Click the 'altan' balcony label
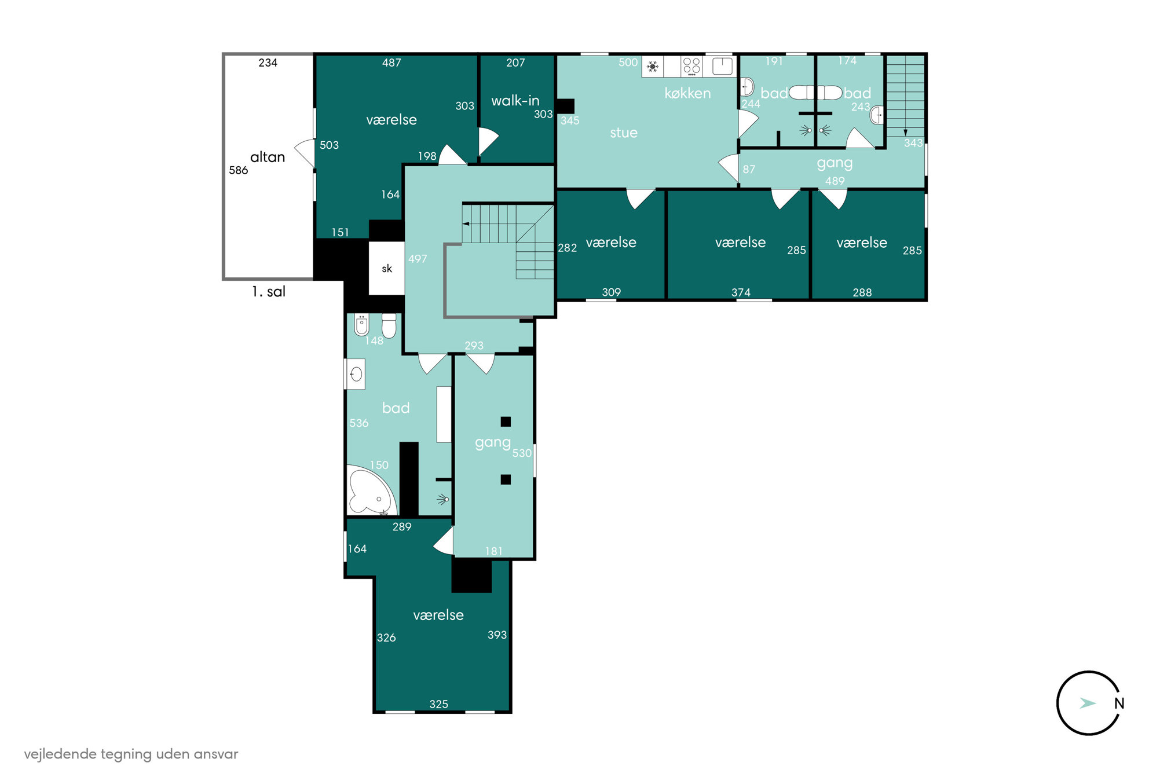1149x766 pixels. click(268, 157)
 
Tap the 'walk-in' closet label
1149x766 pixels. click(515, 101)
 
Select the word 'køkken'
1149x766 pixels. click(687, 93)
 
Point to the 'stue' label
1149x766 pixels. click(624, 133)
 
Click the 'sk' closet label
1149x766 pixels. click(387, 269)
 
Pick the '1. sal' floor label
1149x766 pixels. click(269, 291)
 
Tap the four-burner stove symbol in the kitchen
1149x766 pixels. click(691, 66)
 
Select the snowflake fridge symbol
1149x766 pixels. click(653, 67)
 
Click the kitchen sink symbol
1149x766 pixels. click(722, 66)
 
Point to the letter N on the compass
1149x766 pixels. click(1119, 703)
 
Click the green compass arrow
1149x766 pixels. click(1088, 703)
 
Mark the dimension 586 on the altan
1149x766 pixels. click(238, 170)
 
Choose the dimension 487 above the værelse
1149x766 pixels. click(391, 63)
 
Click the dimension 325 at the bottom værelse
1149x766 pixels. click(438, 704)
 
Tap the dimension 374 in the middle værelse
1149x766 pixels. click(741, 292)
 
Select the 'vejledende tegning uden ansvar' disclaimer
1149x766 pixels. click(131, 754)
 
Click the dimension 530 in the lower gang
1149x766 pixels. click(522, 453)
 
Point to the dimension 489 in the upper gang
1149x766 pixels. click(835, 181)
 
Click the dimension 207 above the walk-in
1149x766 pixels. click(515, 63)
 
